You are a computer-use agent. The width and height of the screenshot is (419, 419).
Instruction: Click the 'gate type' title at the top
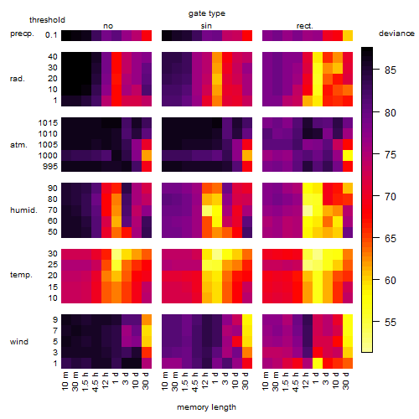[207, 13]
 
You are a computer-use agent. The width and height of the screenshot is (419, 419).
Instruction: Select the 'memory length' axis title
[206, 407]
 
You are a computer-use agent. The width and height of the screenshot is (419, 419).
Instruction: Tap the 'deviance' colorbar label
[396, 34]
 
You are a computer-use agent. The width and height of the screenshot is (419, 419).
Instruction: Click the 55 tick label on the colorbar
[391, 323]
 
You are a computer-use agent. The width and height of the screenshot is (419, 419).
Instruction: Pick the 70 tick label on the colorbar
[391, 197]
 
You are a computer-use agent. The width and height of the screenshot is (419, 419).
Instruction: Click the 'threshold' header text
[47, 20]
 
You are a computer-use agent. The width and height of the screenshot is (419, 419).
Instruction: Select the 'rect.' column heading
[304, 26]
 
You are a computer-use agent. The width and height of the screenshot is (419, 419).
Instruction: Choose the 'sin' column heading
[206, 26]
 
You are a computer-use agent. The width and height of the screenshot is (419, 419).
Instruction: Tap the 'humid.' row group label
[23, 210]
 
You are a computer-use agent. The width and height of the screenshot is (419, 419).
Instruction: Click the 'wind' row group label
[19, 342]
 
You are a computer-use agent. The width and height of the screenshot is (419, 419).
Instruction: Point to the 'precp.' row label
[22, 34]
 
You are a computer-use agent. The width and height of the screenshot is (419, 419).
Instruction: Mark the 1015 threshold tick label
[48, 122]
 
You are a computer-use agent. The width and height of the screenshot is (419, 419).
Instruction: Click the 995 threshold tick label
[50, 167]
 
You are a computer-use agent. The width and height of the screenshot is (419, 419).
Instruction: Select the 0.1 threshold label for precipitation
[51, 35]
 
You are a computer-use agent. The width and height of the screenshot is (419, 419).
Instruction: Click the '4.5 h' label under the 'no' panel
[96, 381]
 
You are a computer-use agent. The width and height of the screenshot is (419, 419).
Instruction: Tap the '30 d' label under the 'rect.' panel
[346, 380]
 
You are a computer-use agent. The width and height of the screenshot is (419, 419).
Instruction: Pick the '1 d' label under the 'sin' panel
[215, 378]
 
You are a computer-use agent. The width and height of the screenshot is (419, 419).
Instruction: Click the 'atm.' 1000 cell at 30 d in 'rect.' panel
[348, 155]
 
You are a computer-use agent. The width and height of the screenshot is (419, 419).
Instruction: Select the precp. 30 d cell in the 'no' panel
[147, 35]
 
